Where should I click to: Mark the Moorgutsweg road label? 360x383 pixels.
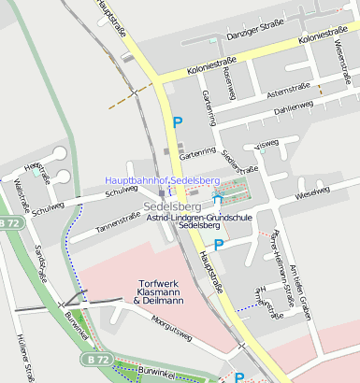tap(171, 333)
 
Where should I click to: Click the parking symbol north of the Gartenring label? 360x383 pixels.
tap(177, 121)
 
